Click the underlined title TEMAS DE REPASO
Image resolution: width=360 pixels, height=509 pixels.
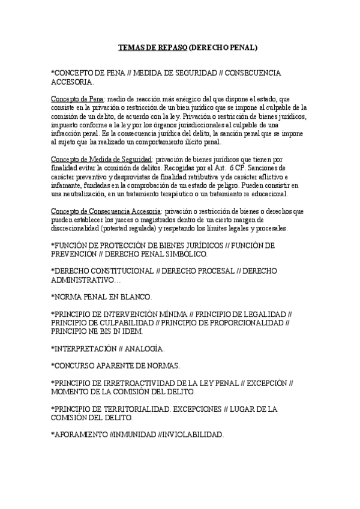pos(152,46)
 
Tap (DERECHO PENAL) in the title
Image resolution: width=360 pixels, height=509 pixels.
pos(223,46)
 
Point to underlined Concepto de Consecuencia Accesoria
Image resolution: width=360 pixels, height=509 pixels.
pos(106,212)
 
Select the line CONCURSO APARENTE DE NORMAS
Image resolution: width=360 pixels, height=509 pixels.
pos(116,365)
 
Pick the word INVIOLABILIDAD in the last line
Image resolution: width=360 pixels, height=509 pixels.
pos(191,434)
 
